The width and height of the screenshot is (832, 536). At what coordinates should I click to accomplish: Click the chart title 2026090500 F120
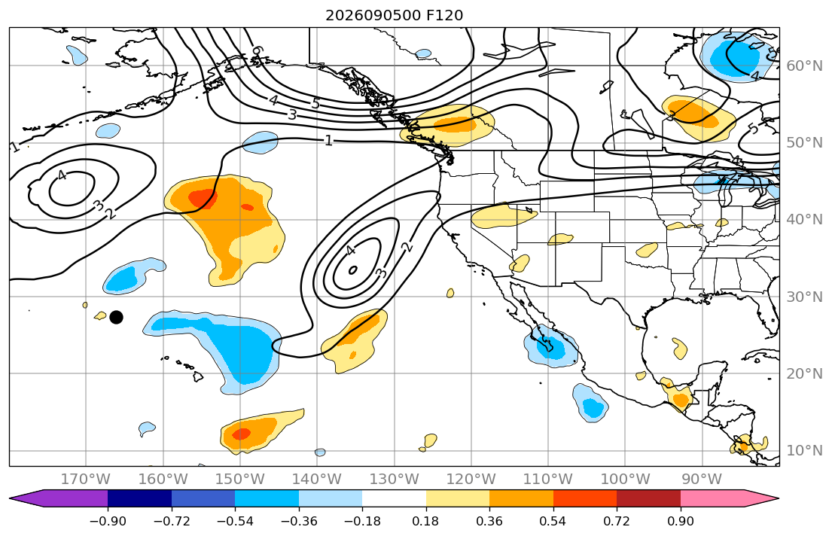[394, 15]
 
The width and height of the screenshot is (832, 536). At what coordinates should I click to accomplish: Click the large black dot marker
[116, 318]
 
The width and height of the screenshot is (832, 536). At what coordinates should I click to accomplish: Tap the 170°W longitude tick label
[85, 480]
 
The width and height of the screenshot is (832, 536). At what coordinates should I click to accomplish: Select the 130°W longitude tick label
[395, 480]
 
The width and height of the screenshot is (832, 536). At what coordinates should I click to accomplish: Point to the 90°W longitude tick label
[702, 480]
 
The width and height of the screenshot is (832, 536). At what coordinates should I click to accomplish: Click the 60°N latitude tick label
[804, 65]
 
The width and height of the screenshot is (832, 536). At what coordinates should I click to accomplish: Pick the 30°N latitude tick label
[804, 297]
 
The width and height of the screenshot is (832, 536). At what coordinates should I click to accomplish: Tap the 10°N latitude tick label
[804, 451]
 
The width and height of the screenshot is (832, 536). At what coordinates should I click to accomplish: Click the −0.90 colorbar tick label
[108, 521]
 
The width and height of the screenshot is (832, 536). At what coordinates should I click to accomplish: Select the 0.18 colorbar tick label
[425, 521]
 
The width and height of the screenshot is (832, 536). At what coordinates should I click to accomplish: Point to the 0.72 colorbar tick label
[617, 521]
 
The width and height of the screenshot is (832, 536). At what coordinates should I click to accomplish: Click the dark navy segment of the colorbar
[139, 498]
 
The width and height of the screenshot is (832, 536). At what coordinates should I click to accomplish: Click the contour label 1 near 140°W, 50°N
[328, 141]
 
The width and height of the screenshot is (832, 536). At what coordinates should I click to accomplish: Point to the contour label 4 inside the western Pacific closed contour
[62, 175]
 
